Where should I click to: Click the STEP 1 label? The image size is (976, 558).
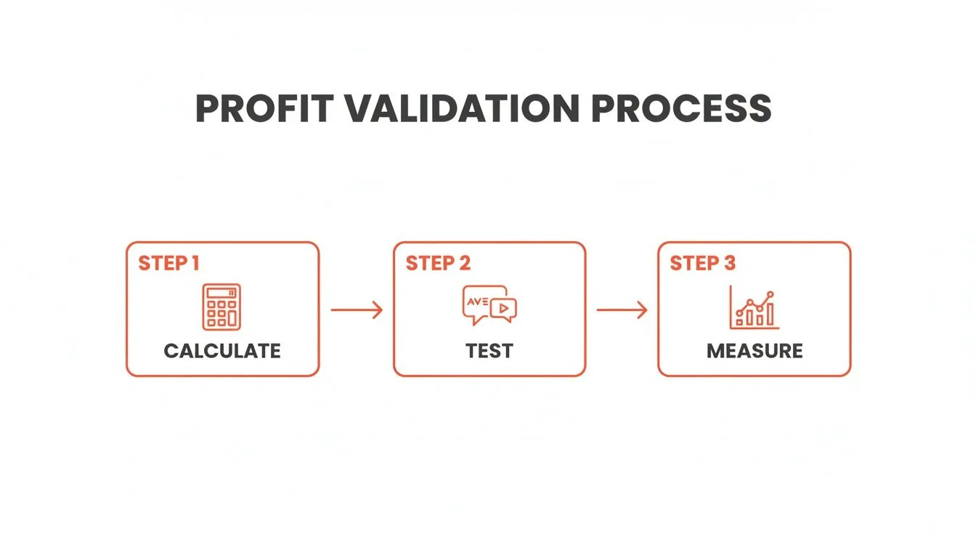[168, 263]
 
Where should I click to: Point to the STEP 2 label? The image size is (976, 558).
[438, 263]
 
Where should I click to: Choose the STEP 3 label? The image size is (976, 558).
[702, 263]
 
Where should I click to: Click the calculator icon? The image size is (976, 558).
[221, 307]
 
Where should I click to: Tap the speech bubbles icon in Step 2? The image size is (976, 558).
[489, 305]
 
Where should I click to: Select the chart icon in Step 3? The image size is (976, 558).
[754, 307]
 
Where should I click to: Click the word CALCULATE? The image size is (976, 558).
[222, 352]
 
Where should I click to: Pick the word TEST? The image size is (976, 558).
[489, 352]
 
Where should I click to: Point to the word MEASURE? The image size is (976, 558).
[755, 352]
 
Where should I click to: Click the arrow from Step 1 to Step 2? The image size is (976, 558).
[356, 310]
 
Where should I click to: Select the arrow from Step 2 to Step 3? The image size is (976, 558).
[622, 310]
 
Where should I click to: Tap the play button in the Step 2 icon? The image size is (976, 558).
[503, 309]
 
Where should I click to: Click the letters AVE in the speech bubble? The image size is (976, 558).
[476, 299]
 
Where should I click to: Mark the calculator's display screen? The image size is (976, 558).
[221, 292]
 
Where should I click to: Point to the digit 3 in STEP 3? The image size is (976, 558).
[729, 263]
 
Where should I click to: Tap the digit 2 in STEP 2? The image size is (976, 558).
[464, 263]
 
